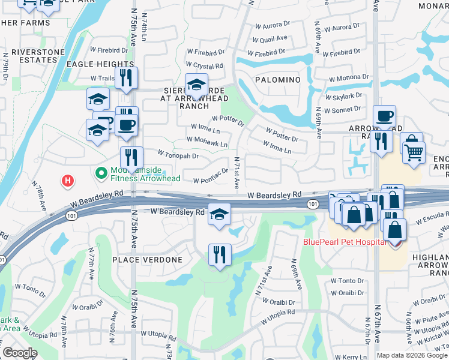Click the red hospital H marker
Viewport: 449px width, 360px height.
pyautogui.click(x=68, y=179)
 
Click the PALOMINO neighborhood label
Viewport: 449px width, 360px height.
pyautogui.click(x=277, y=80)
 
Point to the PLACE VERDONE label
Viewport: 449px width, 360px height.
pyautogui.click(x=147, y=259)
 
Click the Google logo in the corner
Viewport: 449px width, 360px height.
pyautogui.click(x=20, y=353)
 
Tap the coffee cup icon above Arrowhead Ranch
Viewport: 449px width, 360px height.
pyautogui.click(x=384, y=116)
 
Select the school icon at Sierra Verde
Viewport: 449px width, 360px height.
pyautogui.click(x=196, y=85)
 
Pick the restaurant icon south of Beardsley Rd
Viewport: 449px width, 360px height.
pyautogui.click(x=220, y=254)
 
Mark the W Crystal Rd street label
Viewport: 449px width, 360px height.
pyautogui.click(x=204, y=65)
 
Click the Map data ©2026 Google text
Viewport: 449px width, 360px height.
pyautogui.click(x=411, y=355)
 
